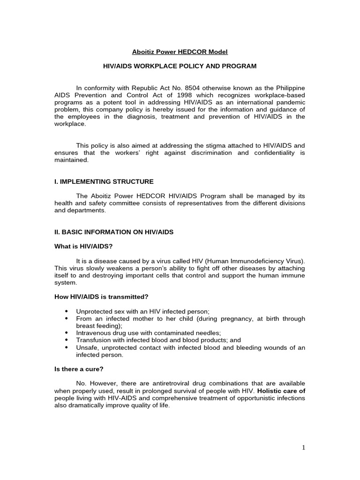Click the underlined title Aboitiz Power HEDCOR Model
click(180, 52)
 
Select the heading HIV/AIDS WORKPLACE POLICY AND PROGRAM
click(180, 66)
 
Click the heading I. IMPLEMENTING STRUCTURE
click(104, 181)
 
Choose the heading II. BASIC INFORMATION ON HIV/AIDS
click(114, 232)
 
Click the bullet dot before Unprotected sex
click(66, 311)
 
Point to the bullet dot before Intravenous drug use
click(66, 333)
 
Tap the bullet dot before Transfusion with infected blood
click(66, 340)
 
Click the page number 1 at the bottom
click(303, 447)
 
